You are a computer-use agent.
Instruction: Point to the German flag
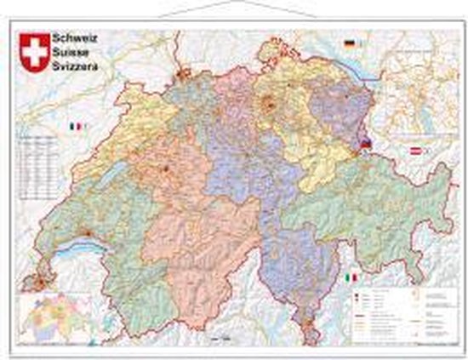(349, 43)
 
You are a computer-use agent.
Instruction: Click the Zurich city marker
(271, 105)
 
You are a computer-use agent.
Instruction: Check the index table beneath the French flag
(37, 165)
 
